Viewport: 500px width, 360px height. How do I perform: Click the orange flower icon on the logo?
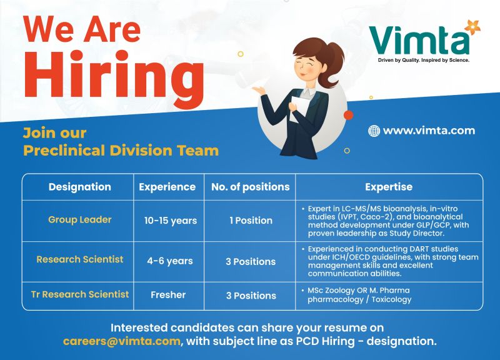(468, 27)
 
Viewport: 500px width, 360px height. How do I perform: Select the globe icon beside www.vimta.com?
(374, 131)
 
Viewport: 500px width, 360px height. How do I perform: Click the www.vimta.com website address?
(429, 131)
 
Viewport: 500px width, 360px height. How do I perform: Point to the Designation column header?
(79, 187)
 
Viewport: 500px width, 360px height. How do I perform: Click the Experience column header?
(167, 187)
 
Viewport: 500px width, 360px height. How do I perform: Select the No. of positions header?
(250, 187)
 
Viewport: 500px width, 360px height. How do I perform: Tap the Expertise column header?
(389, 187)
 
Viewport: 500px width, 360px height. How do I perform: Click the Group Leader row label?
(79, 219)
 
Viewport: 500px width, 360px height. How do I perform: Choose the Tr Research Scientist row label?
(80, 294)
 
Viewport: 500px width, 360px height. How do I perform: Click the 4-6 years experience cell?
(169, 261)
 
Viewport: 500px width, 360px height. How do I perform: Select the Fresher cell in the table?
(168, 295)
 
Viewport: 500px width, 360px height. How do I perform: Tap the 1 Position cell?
(251, 221)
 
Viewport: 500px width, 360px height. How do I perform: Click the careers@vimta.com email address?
(122, 342)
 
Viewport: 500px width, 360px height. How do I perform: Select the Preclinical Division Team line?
(121, 151)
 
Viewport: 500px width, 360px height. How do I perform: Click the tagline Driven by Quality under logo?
(419, 61)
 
